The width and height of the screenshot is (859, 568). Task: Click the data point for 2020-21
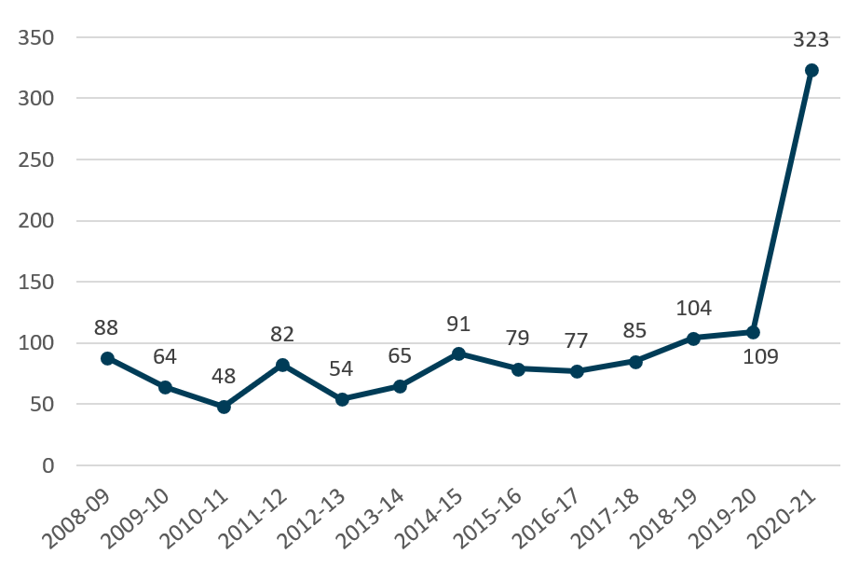pos(811,70)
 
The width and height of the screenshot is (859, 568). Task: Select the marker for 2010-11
pos(224,407)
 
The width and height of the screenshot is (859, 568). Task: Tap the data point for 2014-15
pos(458,353)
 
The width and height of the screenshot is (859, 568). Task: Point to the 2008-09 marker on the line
pos(107,358)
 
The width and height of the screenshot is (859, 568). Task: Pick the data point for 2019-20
pos(753,332)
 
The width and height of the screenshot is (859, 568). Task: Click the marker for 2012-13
pos(342,399)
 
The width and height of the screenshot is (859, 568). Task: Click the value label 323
pos(811,39)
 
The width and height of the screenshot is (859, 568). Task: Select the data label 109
pos(760,357)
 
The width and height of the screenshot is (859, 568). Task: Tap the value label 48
pos(224,376)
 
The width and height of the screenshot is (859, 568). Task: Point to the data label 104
pos(693,308)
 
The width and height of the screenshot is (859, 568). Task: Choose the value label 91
pos(458,324)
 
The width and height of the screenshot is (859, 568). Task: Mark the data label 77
pos(577,341)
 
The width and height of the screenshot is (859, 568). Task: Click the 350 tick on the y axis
pos(36,38)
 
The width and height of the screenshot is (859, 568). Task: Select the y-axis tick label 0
pos(48,465)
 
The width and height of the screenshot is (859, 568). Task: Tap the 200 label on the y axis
pos(36,221)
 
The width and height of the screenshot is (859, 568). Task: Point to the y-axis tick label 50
pos(43,404)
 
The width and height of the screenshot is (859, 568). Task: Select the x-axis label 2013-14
pos(372,518)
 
